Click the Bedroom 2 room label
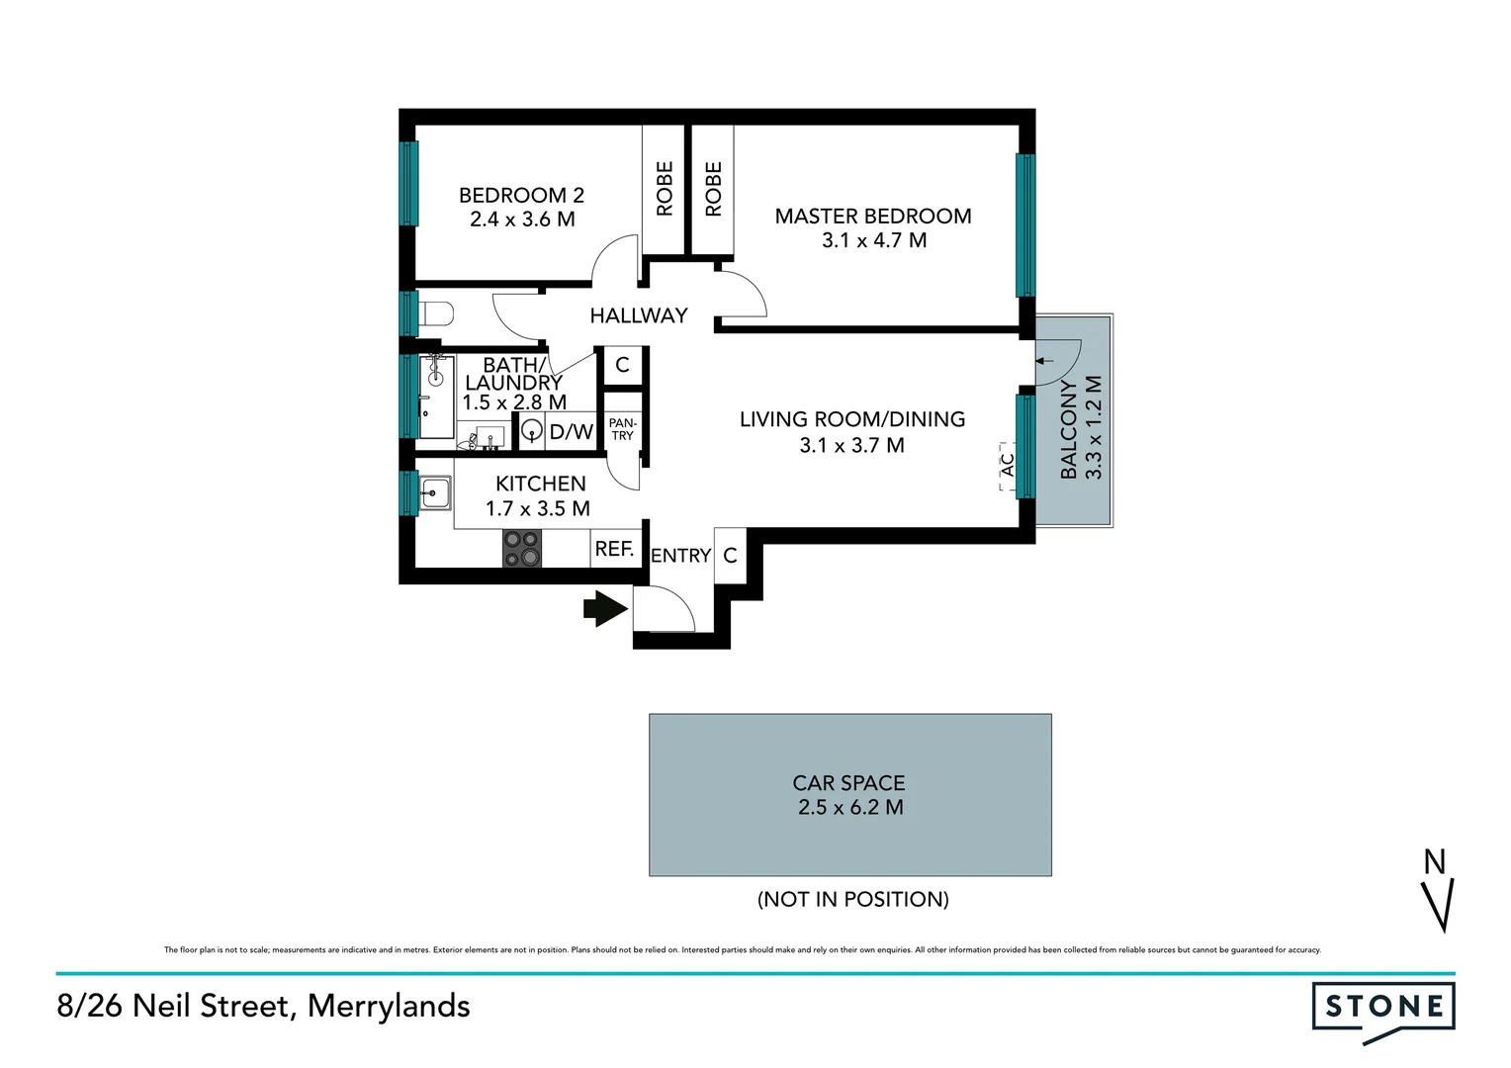(521, 196)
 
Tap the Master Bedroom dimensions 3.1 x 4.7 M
(874, 240)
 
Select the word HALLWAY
(638, 315)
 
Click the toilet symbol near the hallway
(435, 314)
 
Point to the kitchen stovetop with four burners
(522, 548)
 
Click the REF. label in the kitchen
(614, 549)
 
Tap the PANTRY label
(622, 429)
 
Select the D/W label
(571, 432)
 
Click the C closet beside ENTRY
(730, 556)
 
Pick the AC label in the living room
(1008, 464)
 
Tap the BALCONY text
(1069, 429)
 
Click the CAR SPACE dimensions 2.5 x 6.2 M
(850, 808)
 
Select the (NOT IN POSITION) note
(852, 899)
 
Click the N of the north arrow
(1434, 862)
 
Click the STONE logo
(1383, 1008)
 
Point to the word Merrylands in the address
(389, 1006)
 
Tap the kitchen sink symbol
(434, 491)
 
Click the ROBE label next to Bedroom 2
(665, 188)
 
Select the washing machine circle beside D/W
(532, 431)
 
